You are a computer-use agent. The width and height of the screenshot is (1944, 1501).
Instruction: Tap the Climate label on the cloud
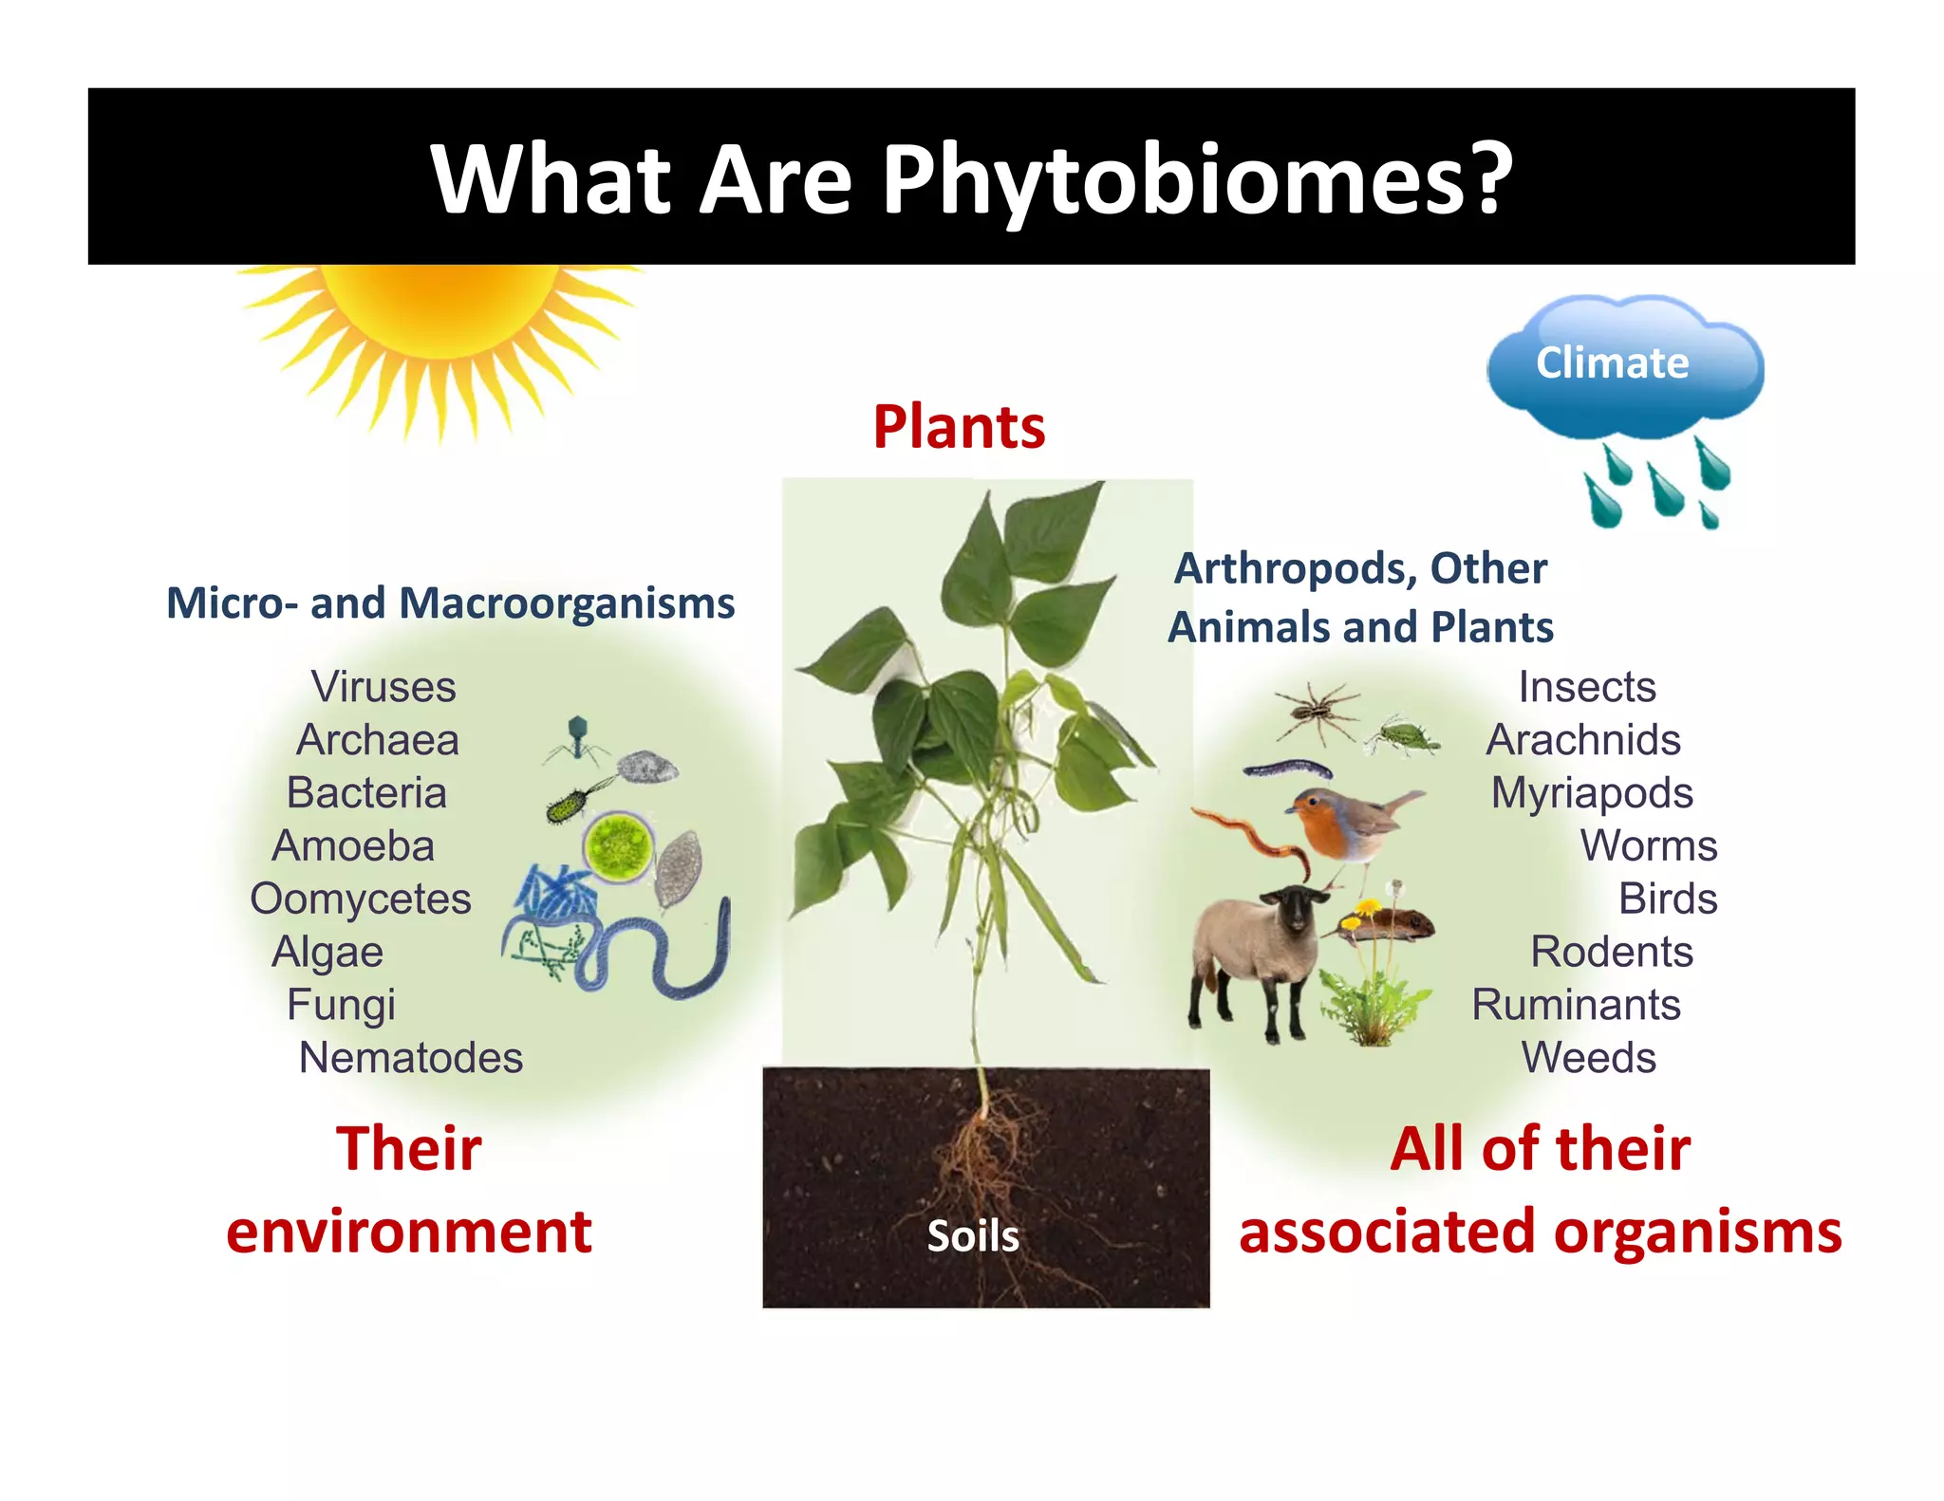1612,362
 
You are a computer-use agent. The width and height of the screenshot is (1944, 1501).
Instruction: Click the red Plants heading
959,427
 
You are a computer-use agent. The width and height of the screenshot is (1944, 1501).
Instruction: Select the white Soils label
973,1236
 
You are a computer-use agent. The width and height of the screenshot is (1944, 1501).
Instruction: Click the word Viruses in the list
383,687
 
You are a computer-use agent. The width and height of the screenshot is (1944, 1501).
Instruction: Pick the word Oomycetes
361,899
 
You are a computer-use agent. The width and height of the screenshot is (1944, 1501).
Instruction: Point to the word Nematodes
410,1058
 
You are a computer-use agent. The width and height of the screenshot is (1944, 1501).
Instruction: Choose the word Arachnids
1583,740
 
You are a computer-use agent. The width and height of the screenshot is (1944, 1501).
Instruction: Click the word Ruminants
1576,1005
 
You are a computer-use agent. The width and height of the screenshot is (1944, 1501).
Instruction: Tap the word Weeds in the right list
1588,1058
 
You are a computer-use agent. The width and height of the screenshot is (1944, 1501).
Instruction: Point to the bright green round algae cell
618,845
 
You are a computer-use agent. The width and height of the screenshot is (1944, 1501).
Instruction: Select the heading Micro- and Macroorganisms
450,603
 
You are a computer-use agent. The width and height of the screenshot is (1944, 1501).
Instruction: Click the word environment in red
409,1232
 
